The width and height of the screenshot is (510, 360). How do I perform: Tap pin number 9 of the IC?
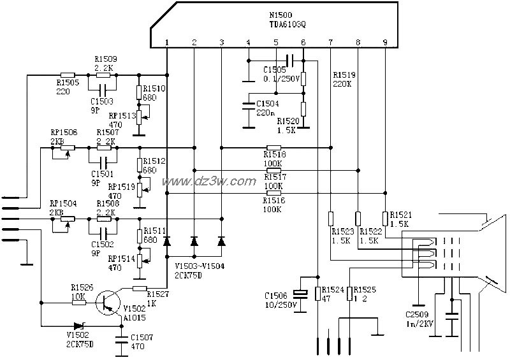tap(384, 42)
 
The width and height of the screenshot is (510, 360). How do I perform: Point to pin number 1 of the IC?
tap(166, 42)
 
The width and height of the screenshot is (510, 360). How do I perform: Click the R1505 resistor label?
tap(68, 82)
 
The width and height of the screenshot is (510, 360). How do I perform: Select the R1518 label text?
tap(275, 154)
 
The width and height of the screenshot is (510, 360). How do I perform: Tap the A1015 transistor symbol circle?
tap(108, 302)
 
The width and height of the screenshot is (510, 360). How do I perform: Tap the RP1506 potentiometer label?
tap(64, 132)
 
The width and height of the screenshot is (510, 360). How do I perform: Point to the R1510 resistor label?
tap(154, 89)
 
